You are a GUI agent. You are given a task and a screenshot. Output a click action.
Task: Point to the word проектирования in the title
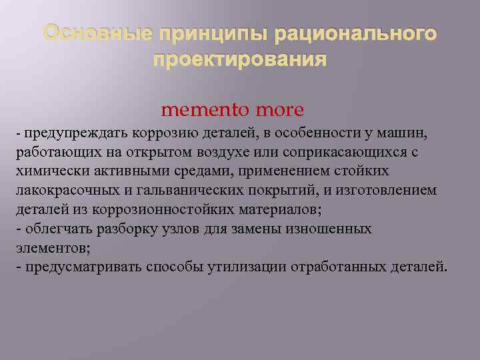(x=240, y=61)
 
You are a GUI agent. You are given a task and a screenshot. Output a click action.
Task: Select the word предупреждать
(x=65, y=133)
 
